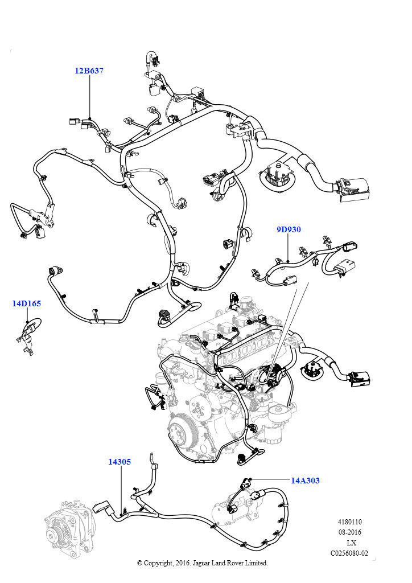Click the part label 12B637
coord(89,71)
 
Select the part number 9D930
coord(289,230)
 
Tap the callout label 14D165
coord(26,303)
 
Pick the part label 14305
coord(120,462)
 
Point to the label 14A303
coord(305,481)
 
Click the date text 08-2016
coord(349,532)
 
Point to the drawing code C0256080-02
coord(349,553)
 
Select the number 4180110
coord(349,522)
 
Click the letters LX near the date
coord(351,543)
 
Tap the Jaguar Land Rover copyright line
coord(203,563)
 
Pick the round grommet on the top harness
coord(277,178)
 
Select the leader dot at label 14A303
coord(251,478)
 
